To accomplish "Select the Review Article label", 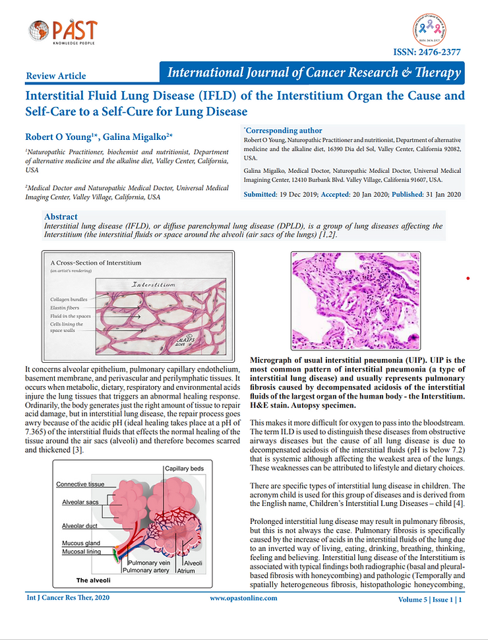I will [55, 76].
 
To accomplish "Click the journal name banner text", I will [313, 73].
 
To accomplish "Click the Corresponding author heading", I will [284, 131].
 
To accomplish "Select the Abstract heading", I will [61, 216].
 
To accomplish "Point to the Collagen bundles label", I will [69, 299].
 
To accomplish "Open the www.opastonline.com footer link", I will [243, 598].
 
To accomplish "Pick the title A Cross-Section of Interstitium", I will [96, 262].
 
